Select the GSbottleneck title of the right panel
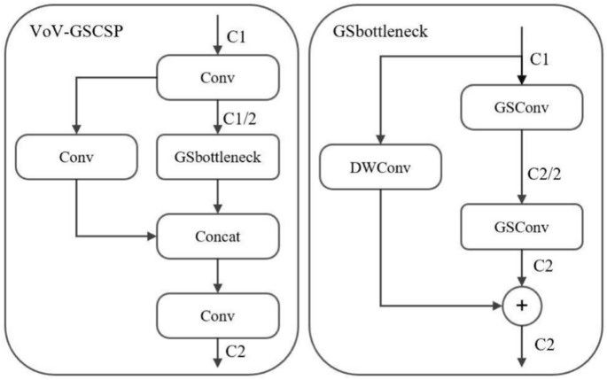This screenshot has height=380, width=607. tap(378, 33)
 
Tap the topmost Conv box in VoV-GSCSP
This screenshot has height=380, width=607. tap(218, 77)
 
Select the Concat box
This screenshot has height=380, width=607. tap(218, 237)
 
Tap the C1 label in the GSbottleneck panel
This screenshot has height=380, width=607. tap(541, 59)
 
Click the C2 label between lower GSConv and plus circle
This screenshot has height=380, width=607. tap(541, 268)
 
